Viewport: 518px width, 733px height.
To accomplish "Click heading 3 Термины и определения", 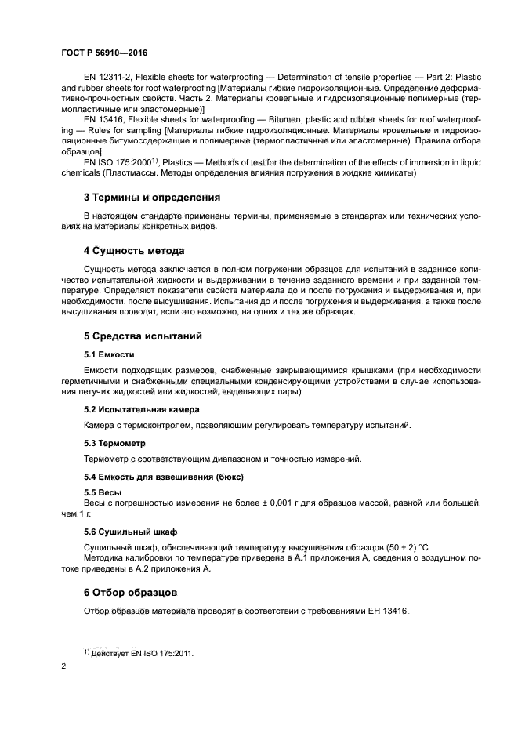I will click(x=151, y=198).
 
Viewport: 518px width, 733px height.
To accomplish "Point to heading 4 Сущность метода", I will click(x=134, y=251).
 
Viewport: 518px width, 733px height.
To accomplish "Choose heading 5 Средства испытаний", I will click(x=143, y=336).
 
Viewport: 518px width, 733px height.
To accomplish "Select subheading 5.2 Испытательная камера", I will click(x=141, y=409).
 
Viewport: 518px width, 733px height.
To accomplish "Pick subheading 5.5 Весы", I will click(x=103, y=492).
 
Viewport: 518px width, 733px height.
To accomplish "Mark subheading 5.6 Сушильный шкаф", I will click(x=130, y=531).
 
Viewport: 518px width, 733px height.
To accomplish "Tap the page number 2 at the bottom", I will click(x=63, y=666).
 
